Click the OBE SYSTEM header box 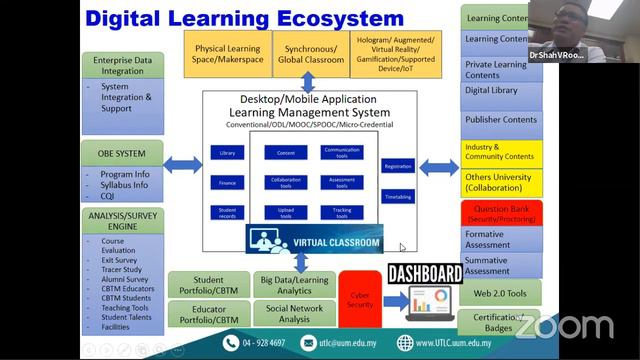tap(124, 154)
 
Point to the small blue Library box tap(226, 152)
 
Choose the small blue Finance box tap(226, 182)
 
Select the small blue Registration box tap(397, 166)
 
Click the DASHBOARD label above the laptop tap(424, 274)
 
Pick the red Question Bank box tap(500, 211)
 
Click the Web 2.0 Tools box tap(500, 291)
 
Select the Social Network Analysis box tap(293, 314)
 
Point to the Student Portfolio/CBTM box tap(207, 285)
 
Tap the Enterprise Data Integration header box tap(124, 65)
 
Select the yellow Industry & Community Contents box tap(500, 153)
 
